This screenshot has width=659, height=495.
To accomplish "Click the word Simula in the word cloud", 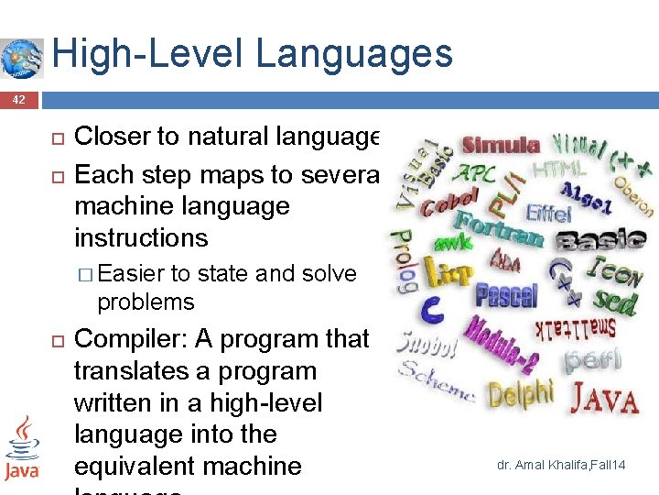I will [500, 145].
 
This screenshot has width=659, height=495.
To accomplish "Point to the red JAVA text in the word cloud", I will [604, 399].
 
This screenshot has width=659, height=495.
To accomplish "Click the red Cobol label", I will [449, 203].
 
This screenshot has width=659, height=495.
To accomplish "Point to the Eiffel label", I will [549, 213].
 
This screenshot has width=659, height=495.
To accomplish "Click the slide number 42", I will [19, 99].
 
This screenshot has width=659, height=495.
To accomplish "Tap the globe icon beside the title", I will [22, 58].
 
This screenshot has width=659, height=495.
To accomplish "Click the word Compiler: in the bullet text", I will [131, 339].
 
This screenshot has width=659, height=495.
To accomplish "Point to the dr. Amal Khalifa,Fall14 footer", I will [561, 466].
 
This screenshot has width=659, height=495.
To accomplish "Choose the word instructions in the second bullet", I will [141, 237].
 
